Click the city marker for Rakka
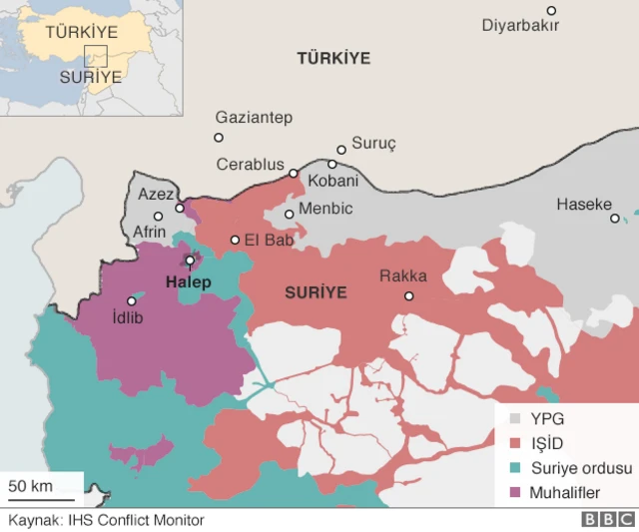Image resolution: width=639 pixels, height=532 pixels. pos(408,295)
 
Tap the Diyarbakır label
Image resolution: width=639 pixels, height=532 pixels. pos(520,26)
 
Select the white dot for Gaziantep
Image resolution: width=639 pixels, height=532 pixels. pos(219,138)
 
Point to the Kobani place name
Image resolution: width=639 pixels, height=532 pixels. pos(333,181)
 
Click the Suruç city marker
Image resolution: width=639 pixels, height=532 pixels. pos(341,150)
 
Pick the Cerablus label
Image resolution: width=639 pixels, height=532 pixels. pos(251,165)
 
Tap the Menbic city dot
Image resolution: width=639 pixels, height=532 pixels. pos(290,214)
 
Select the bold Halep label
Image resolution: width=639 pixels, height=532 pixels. pos(188,282)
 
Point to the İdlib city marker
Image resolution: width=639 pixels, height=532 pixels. pos(131,300)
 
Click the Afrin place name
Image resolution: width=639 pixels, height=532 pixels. pos(150,233)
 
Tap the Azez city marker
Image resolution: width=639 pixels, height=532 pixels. pos(180,208)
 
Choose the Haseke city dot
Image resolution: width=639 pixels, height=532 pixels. pos(615,218)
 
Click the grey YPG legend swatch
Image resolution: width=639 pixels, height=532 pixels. pos(516,419)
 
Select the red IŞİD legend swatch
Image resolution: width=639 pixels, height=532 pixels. pos(516,443)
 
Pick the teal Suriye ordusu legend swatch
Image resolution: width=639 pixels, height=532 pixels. pos(516,468)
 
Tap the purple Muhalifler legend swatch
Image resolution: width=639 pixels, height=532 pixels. pos(516,492)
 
